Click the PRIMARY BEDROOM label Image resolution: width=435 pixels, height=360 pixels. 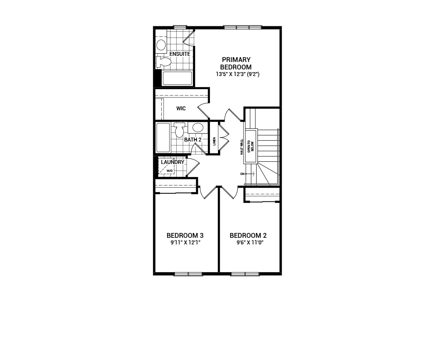236,63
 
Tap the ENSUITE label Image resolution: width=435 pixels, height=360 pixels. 180,54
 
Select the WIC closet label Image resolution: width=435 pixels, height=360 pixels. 181,108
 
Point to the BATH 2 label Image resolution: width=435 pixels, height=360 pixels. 193,140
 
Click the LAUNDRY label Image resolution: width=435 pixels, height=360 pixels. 173,162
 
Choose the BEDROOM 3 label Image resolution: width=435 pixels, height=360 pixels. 185,235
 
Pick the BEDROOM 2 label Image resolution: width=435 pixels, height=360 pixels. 248,235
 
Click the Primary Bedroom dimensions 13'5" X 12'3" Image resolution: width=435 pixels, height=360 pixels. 238,74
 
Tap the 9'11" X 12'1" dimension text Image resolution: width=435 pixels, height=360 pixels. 185,243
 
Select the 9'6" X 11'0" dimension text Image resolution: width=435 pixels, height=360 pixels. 250,243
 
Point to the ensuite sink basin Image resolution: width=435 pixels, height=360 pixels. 161,45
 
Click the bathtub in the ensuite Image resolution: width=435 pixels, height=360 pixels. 177,79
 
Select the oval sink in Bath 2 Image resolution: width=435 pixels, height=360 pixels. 198,127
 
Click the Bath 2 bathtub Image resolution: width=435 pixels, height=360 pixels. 163,138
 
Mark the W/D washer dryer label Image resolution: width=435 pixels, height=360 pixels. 170,171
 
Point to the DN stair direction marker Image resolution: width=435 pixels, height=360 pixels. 243,174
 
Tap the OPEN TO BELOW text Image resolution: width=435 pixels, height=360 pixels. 250,146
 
